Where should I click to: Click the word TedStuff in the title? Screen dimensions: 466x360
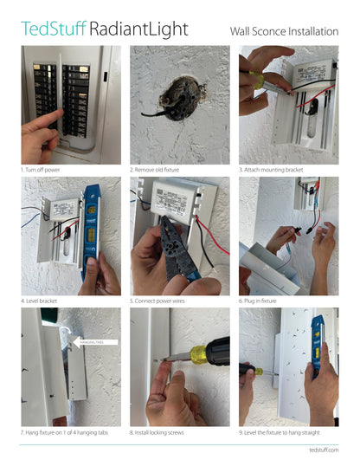(x=53, y=29)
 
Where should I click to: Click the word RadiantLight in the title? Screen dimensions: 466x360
(x=138, y=29)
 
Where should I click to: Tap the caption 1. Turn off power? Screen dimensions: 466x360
(x=45, y=171)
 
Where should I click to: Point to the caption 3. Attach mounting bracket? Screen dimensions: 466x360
(x=272, y=171)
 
